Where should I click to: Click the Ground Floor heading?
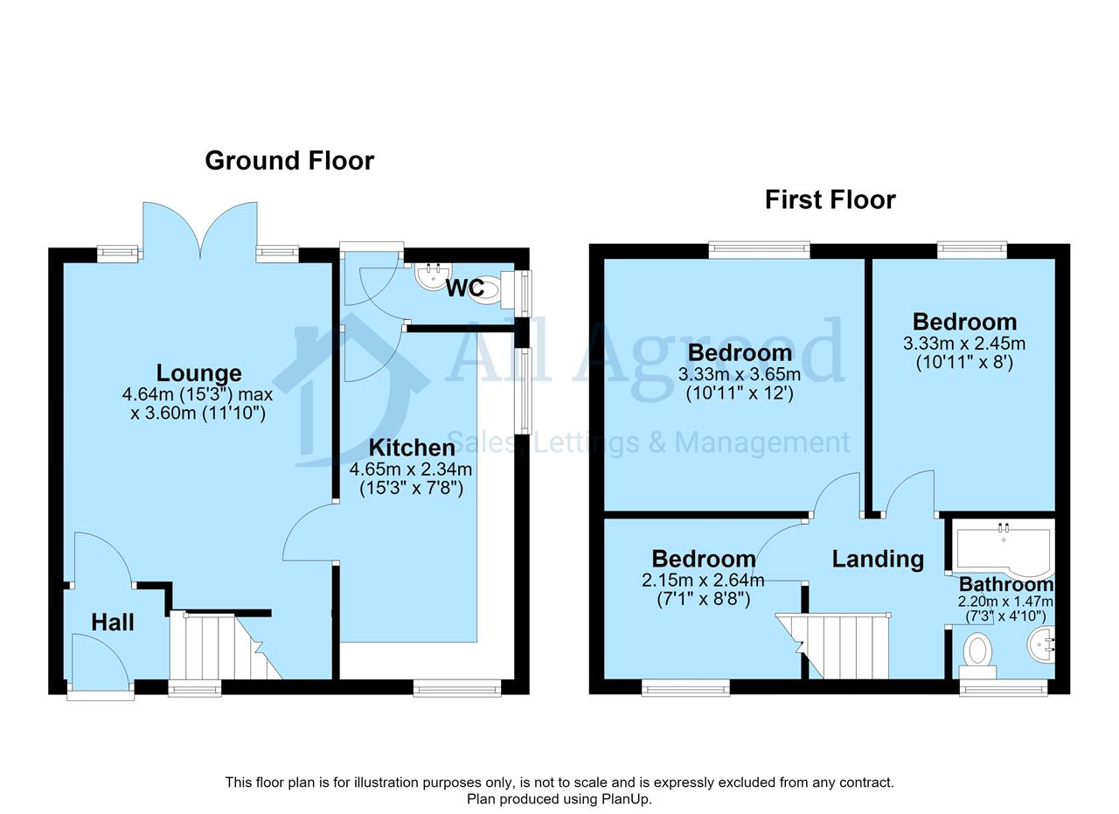click(x=289, y=161)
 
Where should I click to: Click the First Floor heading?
click(x=831, y=200)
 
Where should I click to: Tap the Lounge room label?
click(x=198, y=372)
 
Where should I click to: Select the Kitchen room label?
click(x=412, y=448)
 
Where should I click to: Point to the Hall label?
click(x=113, y=623)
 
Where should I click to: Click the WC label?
click(x=464, y=288)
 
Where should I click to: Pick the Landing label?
click(x=878, y=559)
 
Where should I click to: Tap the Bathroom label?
click(x=1006, y=584)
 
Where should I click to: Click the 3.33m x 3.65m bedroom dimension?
click(x=740, y=374)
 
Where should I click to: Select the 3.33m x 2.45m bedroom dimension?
click(x=964, y=344)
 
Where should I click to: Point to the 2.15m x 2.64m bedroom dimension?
click(x=703, y=581)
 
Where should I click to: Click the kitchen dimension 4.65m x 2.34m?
click(x=411, y=470)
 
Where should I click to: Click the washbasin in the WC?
click(x=433, y=276)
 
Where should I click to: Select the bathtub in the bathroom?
click(x=1003, y=548)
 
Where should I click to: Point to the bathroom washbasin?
click(x=1041, y=644)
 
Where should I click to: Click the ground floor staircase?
click(x=226, y=647)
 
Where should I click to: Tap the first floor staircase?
click(x=833, y=647)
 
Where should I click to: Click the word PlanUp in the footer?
click(x=625, y=799)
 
